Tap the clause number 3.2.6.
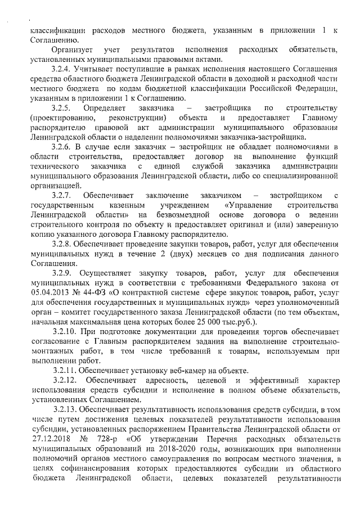[60, 145]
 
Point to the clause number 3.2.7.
[60, 195]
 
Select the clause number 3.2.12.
[62, 382]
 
